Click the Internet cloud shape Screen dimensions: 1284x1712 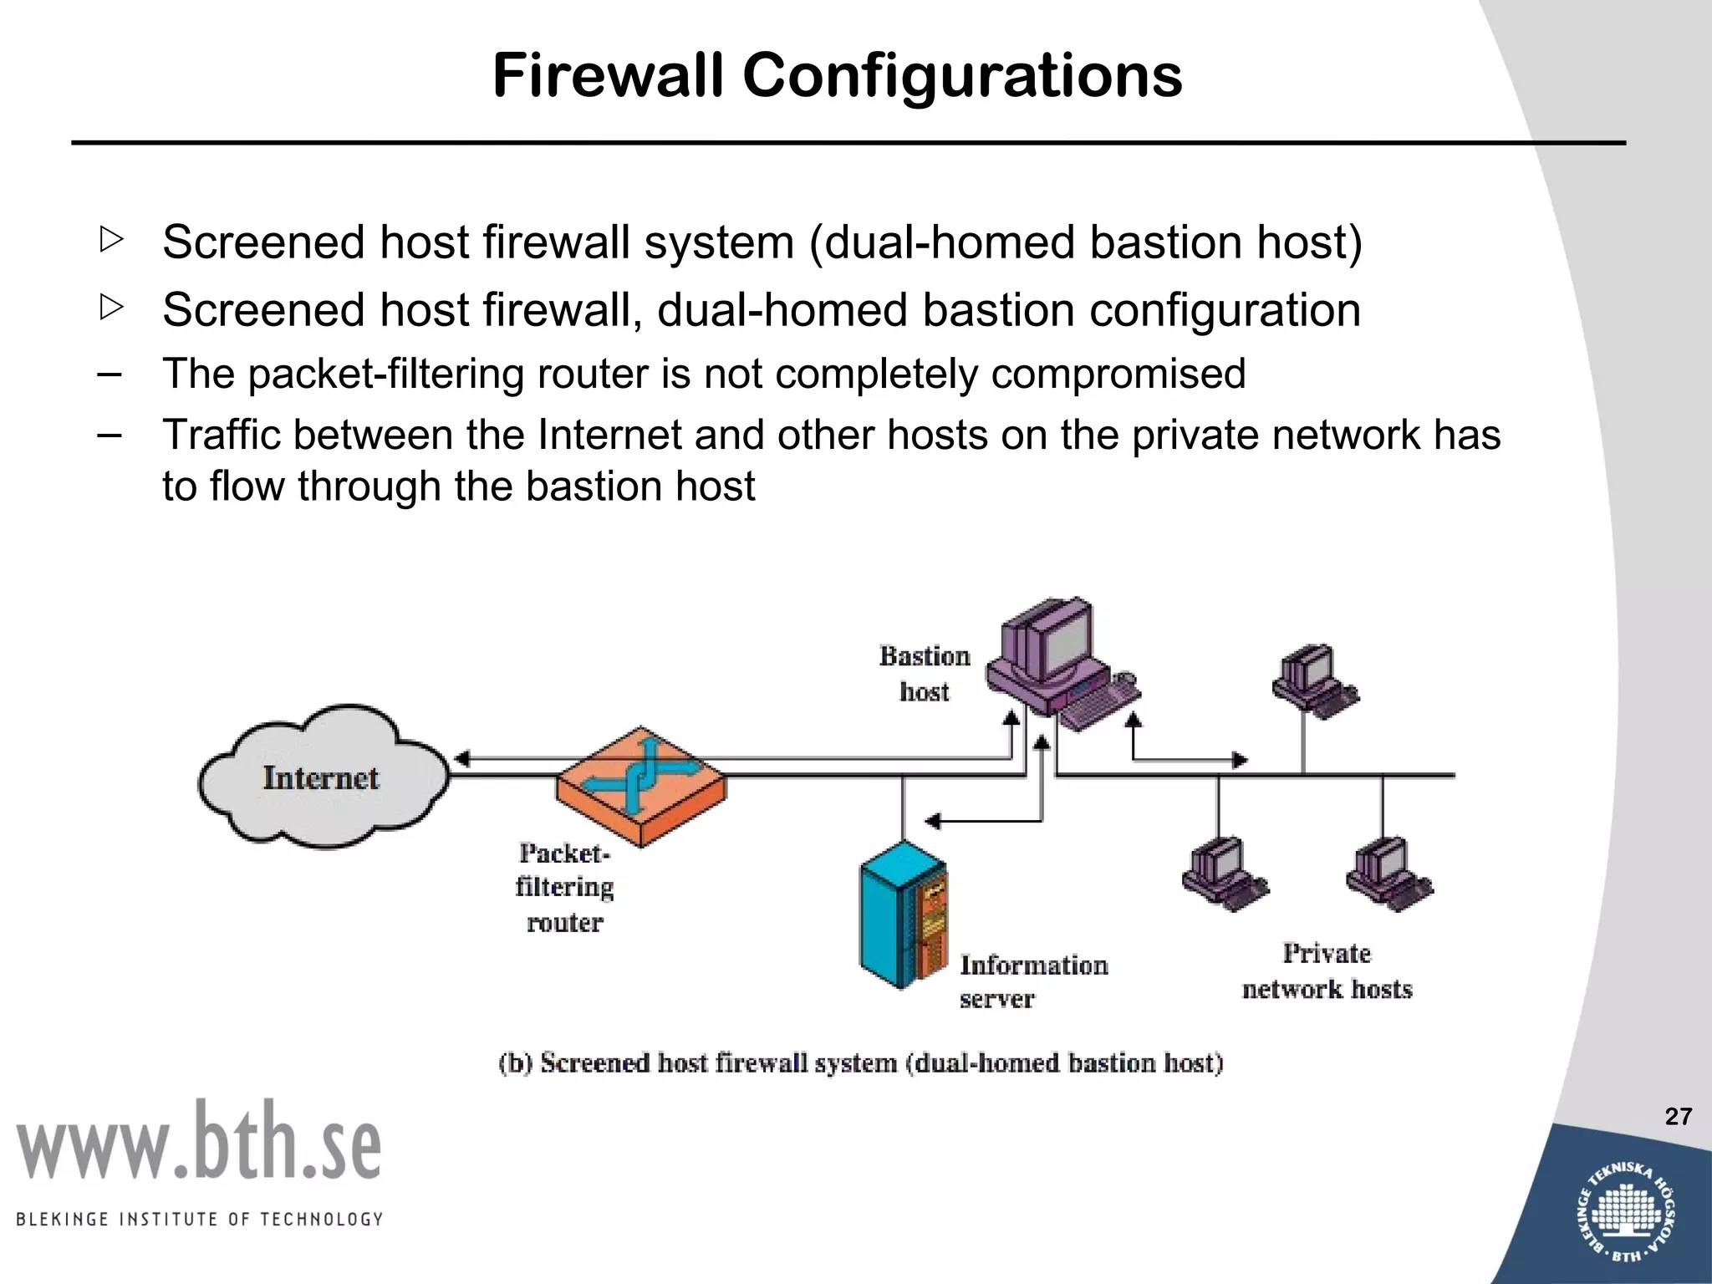pos(322,777)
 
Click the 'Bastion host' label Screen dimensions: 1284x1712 pos(925,674)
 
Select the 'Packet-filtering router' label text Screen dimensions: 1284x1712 pos(564,887)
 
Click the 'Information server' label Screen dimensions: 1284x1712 pos(1033,981)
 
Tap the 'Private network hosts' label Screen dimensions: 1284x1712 pos(1327,971)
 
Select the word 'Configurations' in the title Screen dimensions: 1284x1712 pos(962,75)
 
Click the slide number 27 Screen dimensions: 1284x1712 pos(1678,1116)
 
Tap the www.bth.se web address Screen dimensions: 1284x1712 pos(199,1141)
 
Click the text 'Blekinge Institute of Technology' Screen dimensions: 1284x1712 pos(199,1219)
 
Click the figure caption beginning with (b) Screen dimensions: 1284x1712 pos(860,1062)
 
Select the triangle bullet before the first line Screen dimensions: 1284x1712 pos(110,240)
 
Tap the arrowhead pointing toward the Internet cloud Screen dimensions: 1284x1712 pos(461,759)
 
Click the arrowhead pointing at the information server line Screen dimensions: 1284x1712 pos(933,821)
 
